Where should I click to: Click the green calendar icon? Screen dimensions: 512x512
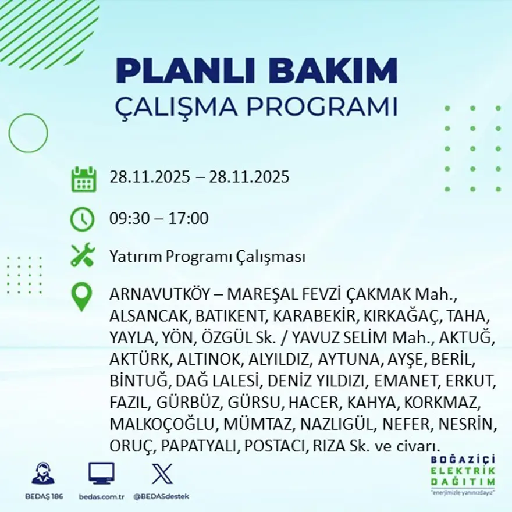(83, 179)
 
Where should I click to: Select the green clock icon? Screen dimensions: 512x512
(82, 219)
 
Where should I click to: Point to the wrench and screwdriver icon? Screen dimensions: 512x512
(83, 255)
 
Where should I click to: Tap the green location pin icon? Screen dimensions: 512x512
(81, 296)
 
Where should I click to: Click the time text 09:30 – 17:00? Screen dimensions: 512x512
(159, 219)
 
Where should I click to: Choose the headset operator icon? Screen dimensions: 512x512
(43, 473)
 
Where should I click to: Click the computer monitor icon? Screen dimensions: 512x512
(101, 473)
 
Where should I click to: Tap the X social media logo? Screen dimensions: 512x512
(162, 473)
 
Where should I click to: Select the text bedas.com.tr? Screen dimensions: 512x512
(101, 496)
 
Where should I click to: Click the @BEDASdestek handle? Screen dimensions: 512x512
(161, 496)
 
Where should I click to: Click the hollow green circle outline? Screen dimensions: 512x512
(28, 133)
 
